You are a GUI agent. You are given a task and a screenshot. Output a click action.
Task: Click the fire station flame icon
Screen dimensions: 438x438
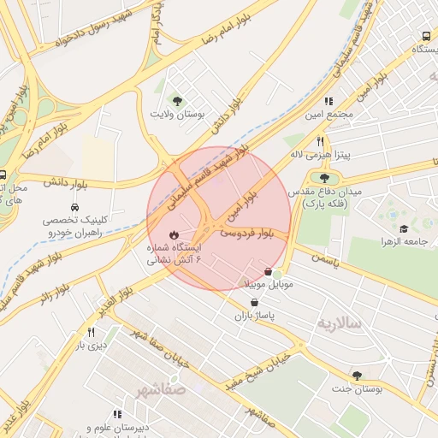click(175, 234)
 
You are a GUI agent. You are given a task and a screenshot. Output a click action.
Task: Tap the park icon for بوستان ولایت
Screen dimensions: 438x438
click(177, 100)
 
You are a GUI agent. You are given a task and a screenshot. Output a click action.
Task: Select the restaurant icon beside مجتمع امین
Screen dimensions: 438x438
click(328, 101)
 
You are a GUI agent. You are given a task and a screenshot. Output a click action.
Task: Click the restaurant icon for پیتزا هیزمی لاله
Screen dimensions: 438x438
click(320, 141)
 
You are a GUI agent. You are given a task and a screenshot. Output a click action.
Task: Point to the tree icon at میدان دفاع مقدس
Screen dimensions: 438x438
click(324, 178)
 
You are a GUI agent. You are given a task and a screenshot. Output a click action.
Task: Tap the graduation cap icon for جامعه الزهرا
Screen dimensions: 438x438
click(403, 228)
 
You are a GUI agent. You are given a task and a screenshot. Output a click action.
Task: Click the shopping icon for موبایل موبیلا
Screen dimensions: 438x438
click(269, 272)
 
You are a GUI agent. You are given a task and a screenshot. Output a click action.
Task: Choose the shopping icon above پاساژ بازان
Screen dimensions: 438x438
click(254, 303)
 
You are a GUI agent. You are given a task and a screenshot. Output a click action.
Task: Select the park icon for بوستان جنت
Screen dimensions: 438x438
click(357, 376)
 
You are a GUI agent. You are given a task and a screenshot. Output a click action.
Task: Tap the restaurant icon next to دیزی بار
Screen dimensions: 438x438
click(91, 332)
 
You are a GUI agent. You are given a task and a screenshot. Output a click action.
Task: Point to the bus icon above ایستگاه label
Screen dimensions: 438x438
click(426, 37)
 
